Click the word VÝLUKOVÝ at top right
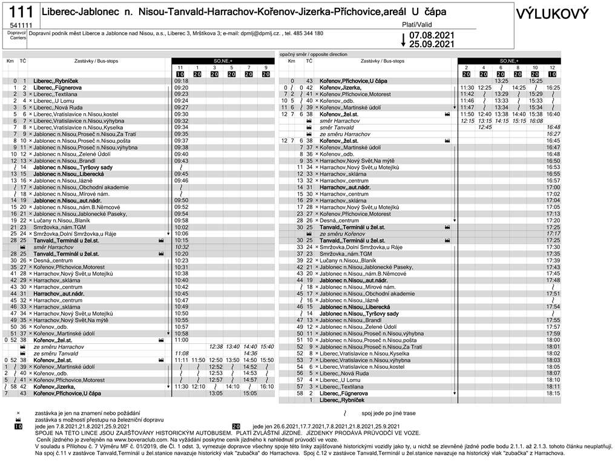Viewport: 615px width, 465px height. [x=561, y=13]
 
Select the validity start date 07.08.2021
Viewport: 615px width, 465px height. [x=431, y=35]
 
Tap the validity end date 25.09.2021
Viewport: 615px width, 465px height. [x=431, y=44]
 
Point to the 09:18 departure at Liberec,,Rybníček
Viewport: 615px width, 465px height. [x=181, y=81]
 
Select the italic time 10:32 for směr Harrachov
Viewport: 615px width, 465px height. [x=181, y=247]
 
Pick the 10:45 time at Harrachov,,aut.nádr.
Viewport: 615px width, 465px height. [x=181, y=294]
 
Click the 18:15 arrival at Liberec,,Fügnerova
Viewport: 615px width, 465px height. [x=553, y=393]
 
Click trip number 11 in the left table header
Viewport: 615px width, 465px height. [x=180, y=67]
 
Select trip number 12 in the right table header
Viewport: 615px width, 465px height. [x=552, y=67]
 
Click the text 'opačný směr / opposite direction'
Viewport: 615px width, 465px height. [x=314, y=54]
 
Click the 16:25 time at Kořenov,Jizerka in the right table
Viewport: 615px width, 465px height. [x=553, y=88]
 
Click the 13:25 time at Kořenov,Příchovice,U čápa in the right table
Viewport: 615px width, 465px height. [x=501, y=81]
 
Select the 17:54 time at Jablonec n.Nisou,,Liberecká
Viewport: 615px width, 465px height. [x=553, y=307]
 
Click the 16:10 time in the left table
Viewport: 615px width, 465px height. [x=267, y=386]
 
